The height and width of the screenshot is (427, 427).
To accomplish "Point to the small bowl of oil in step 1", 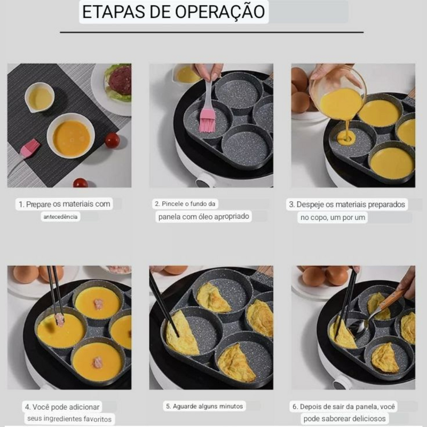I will [x=39, y=98].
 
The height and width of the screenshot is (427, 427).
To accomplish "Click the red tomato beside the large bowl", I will [x=112, y=140].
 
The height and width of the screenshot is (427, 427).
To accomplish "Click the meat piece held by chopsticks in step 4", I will [x=60, y=320].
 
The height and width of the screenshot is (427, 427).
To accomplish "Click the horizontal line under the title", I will [x=211, y=33].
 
